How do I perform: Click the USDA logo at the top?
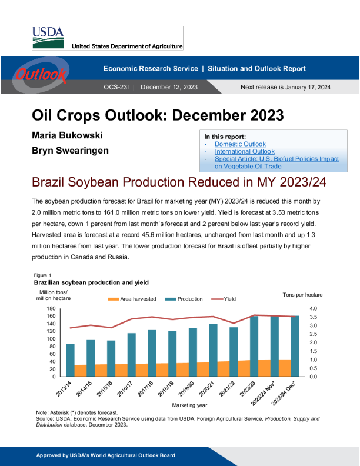click(x=48, y=37)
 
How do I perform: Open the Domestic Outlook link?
click(x=240, y=144)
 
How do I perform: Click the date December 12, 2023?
click(x=169, y=87)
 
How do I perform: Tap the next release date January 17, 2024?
click(x=308, y=87)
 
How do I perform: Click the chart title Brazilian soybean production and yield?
click(x=91, y=283)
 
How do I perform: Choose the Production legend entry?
click(x=186, y=299)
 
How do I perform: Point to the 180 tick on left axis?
click(x=50, y=308)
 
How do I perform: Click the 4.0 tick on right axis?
click(x=313, y=308)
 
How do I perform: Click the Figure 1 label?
click(x=42, y=275)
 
